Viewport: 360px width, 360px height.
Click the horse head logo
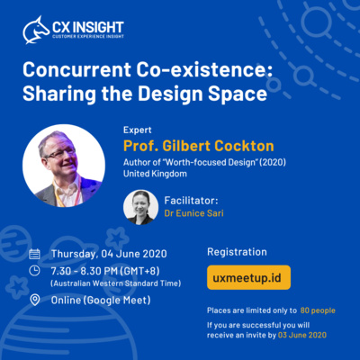point(36,30)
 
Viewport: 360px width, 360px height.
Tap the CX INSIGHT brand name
point(88,27)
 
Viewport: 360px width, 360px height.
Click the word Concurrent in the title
point(76,69)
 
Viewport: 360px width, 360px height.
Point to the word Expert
point(138,130)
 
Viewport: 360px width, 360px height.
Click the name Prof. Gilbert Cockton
point(199,146)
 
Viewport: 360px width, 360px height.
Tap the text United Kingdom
point(155,174)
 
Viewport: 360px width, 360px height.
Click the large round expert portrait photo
point(64,166)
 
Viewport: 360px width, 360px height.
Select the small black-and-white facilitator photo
point(140,207)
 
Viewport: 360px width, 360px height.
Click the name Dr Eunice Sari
point(193,213)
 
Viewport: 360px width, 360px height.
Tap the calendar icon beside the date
point(34,254)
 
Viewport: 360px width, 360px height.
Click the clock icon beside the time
point(34,271)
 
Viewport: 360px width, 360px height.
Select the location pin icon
point(35,300)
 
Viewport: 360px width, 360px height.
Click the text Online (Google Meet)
point(101,300)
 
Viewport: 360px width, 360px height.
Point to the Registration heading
point(237,252)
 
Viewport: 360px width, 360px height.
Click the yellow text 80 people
point(318,310)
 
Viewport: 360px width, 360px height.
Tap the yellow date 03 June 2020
point(302,335)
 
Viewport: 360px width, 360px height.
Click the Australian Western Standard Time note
point(116,283)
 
